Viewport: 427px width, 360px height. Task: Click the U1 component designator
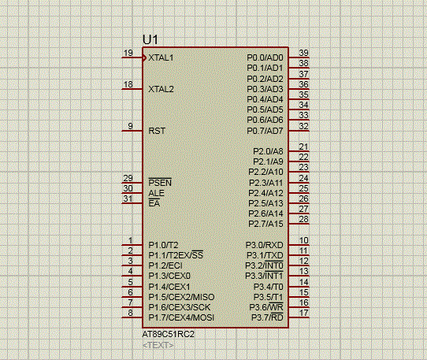[x=150, y=39]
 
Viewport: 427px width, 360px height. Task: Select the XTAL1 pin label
[x=161, y=58]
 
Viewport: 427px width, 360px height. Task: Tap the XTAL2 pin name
[x=161, y=89]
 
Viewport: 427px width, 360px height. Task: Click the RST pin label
[x=157, y=131]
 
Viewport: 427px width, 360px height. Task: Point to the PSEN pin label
[x=160, y=183]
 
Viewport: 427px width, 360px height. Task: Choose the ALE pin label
[x=156, y=193]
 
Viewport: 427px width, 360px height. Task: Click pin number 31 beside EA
[x=128, y=199]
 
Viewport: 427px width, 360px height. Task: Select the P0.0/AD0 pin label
[x=265, y=58]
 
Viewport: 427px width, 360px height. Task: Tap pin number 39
[x=303, y=53]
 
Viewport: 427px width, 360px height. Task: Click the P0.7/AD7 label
[x=265, y=131]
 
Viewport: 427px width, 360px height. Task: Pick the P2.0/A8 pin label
[x=268, y=151]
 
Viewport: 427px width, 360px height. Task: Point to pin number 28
[x=303, y=219]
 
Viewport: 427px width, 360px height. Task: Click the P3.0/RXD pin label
[x=265, y=245]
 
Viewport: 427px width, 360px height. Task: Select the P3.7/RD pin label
[x=267, y=317]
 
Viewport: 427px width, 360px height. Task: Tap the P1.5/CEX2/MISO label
[x=181, y=297]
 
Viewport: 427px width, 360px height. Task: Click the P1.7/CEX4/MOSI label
[x=181, y=317]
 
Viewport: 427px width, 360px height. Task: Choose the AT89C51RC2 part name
[x=169, y=334]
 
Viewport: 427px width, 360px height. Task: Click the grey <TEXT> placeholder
[x=158, y=345]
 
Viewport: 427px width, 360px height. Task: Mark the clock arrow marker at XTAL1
[x=144, y=58]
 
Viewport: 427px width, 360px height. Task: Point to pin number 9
[x=131, y=126]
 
